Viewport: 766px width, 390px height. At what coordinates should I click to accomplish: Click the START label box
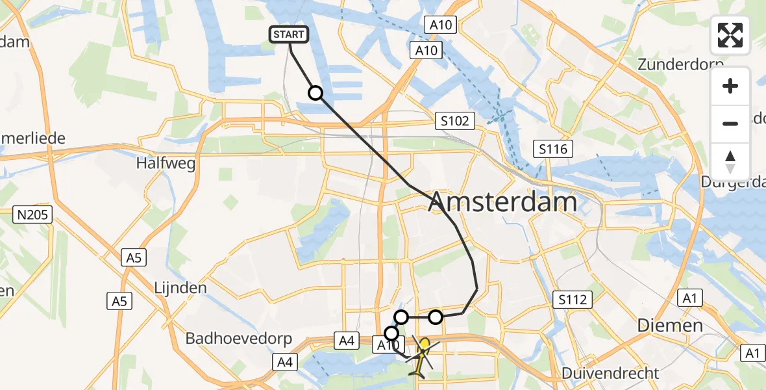(289, 34)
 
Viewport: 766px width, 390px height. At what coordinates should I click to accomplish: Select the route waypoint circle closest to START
(315, 93)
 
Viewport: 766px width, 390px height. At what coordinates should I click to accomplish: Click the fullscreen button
(730, 35)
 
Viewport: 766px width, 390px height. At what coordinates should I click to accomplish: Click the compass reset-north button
(730, 162)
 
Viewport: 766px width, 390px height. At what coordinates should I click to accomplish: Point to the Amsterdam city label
(502, 202)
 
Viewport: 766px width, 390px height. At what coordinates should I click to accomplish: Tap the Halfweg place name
(166, 164)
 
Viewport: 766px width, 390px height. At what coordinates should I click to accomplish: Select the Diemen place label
(669, 325)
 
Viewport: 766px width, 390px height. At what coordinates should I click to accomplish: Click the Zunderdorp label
(680, 64)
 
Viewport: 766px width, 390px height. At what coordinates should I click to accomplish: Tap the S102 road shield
(456, 121)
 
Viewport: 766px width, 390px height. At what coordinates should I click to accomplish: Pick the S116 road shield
(552, 149)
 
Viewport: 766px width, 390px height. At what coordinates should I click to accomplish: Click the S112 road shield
(572, 300)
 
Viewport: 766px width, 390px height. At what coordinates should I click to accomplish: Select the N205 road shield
(32, 214)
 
